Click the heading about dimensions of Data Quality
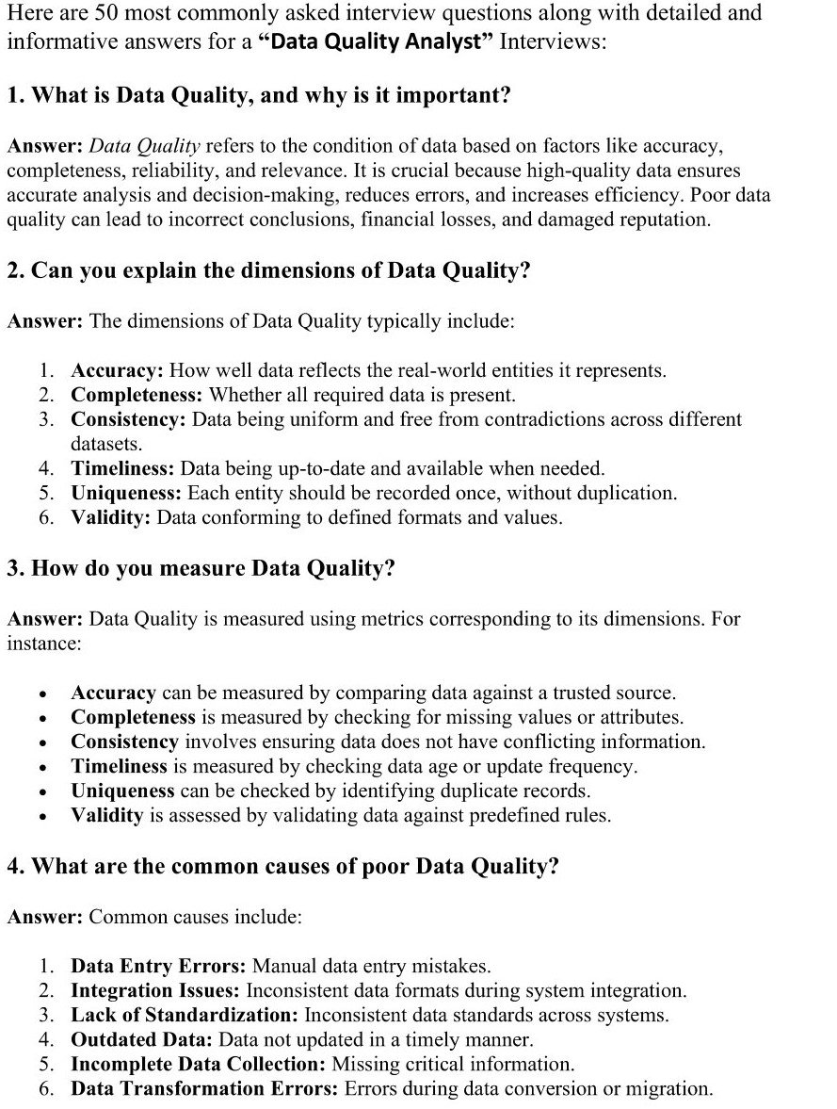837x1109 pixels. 268,270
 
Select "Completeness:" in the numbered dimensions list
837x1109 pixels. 137,395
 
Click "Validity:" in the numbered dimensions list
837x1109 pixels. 110,517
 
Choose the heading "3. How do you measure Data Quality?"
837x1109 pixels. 201,569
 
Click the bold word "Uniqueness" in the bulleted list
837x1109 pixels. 122,791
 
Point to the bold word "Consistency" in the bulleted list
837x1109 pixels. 124,742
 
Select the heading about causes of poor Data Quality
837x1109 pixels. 282,867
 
